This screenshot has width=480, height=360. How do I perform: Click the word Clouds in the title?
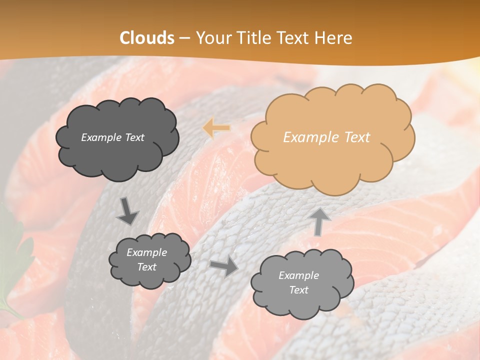pos(147,37)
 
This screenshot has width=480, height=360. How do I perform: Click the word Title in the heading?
pos(255,37)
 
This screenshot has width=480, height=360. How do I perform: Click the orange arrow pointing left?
pos(216,128)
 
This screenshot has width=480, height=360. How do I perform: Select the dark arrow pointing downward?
pos(127,211)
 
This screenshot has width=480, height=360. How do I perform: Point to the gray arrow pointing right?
pos(224,266)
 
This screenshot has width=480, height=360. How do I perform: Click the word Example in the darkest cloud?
pos(100,137)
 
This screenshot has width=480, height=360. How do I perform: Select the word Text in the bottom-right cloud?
pos(298,290)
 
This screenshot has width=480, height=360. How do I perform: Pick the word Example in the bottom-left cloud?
pos(146,252)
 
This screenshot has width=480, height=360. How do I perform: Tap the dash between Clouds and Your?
pos(184,38)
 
